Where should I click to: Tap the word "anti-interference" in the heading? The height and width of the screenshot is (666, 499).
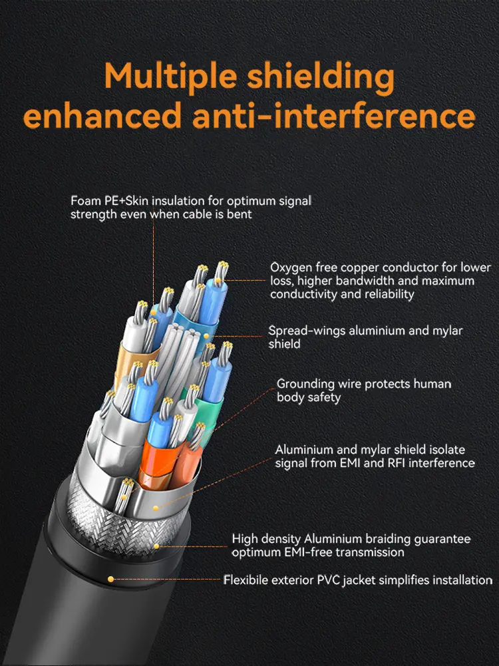tap(334, 116)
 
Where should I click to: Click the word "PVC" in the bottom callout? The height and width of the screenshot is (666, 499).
tap(328, 580)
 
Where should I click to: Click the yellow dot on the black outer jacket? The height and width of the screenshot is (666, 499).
tap(110, 579)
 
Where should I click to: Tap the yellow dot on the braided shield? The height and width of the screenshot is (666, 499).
tap(156, 546)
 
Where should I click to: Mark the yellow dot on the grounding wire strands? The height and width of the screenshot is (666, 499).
tap(123, 496)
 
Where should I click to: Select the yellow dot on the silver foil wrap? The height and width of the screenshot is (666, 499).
tap(156, 508)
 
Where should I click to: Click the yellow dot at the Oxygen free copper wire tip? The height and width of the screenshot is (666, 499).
tap(218, 281)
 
